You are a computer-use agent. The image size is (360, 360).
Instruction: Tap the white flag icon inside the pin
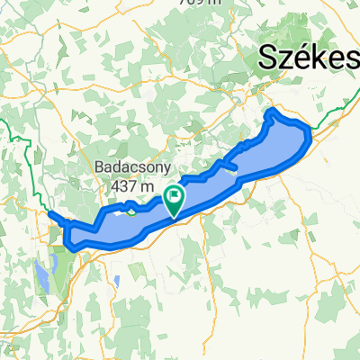pos(174,194)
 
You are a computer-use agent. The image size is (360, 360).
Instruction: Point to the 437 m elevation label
pos(128,186)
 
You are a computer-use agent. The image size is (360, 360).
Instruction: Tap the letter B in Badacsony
pos(99,167)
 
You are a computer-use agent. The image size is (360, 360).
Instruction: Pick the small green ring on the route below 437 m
pos(132,211)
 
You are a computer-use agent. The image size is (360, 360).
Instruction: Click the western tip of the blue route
pos(49,213)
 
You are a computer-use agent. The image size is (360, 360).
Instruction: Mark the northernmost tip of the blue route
pos(273,111)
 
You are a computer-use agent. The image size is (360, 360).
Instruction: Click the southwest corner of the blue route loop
pos(71,245)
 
